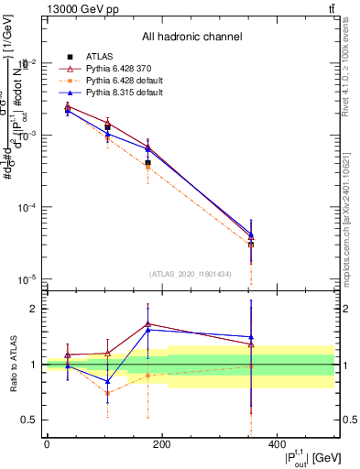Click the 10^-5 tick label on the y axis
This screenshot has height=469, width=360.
tap(27, 279)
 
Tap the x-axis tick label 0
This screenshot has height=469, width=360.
tap(47, 444)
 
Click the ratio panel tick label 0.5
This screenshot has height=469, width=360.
tap(29, 420)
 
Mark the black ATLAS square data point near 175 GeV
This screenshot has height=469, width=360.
tap(147, 162)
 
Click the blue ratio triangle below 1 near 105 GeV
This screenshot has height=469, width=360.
tap(108, 381)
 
